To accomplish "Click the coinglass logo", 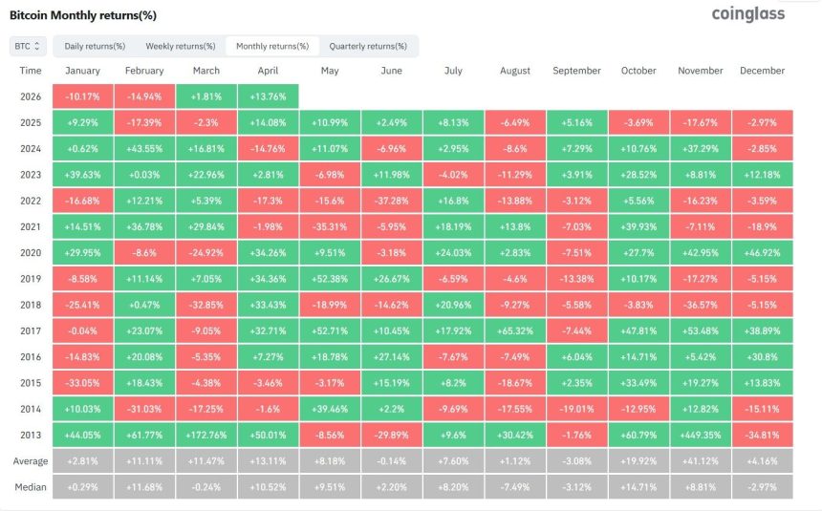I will (748, 13).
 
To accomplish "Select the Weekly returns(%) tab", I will (175, 46).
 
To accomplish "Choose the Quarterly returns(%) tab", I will (367, 46).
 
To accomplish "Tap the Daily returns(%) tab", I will (95, 46).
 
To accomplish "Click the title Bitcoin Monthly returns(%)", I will (82, 15).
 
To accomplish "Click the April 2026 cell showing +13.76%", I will (268, 96).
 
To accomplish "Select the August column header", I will (515, 71).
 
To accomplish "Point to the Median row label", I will (31, 488).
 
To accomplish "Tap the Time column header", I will (31, 71).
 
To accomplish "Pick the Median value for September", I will (577, 488).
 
